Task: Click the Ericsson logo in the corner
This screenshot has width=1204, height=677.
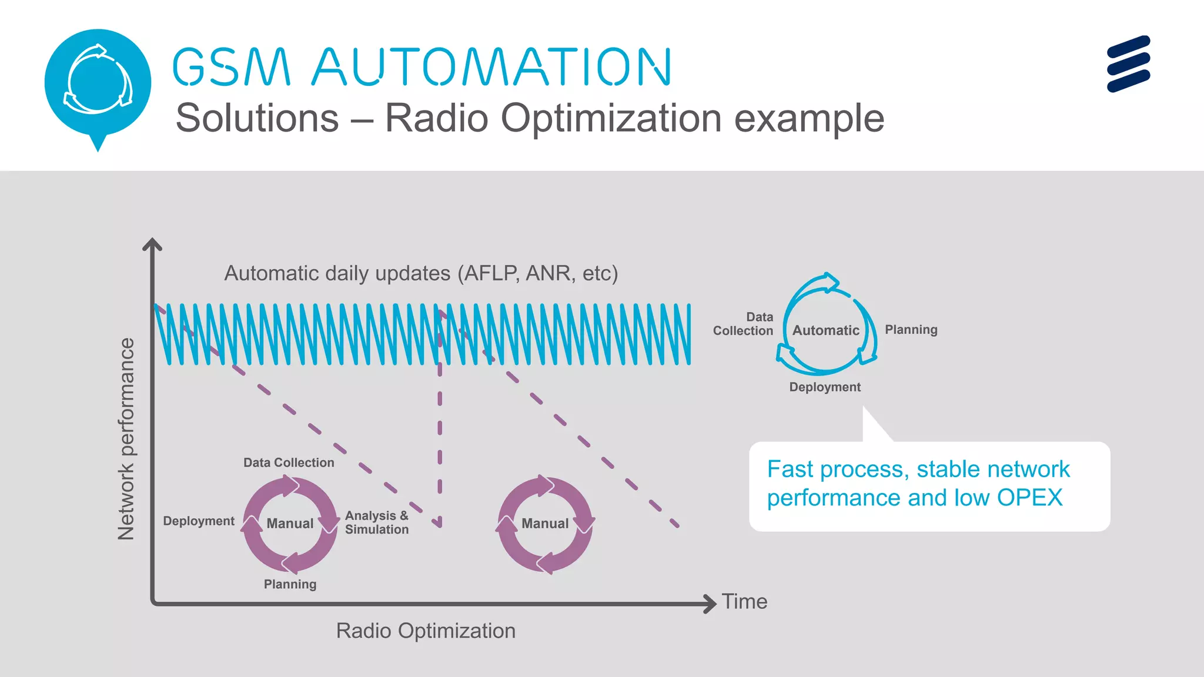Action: pos(1128,63)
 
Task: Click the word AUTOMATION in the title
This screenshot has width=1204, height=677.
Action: pos(491,67)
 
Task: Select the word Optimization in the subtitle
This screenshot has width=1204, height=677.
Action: pos(611,118)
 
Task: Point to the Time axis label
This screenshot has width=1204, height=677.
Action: pos(744,602)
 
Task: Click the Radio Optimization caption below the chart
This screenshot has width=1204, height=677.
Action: pos(426,631)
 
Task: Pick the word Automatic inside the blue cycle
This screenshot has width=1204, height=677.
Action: pos(825,330)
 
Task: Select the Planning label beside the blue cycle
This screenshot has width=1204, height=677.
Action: pos(911,330)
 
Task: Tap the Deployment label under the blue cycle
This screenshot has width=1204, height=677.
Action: pos(825,387)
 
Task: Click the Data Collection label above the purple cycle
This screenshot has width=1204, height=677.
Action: pos(289,463)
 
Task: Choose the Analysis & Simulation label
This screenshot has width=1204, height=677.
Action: pos(377,522)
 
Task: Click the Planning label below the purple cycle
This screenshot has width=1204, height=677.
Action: pos(290,585)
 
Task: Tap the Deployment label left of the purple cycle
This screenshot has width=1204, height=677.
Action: pos(199,521)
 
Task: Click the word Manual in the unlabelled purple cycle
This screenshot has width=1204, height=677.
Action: pos(545,524)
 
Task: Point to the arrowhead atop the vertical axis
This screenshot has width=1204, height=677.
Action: pos(152,244)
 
